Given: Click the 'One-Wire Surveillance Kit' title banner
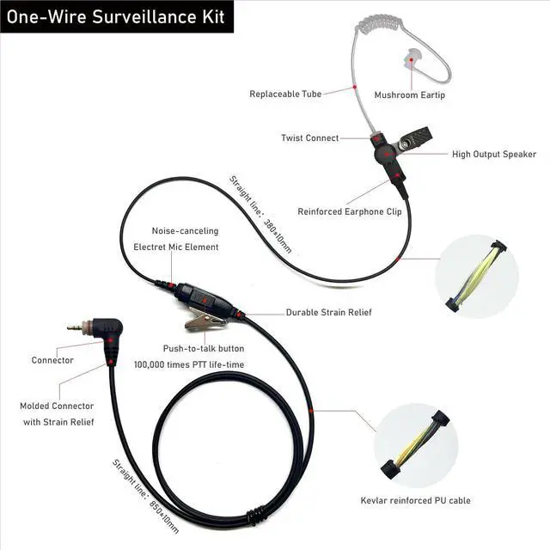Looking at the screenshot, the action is coord(116,17).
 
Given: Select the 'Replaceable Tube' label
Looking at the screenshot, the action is coord(285,94).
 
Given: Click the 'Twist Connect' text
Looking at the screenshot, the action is coord(309,137).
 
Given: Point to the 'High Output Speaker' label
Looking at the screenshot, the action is coord(494,155).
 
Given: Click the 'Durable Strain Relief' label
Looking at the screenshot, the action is coord(329,312).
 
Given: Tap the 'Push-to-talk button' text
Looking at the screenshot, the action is coord(204,348).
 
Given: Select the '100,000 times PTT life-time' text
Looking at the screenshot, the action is coord(189,364).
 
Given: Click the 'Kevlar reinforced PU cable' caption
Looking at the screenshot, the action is coord(415,501).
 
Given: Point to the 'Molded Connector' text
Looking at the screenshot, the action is coord(57,406).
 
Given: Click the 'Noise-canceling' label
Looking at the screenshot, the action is coord(185,231).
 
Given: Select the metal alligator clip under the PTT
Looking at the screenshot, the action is coord(205,322).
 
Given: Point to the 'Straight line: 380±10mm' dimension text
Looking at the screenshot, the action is coord(260,214).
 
